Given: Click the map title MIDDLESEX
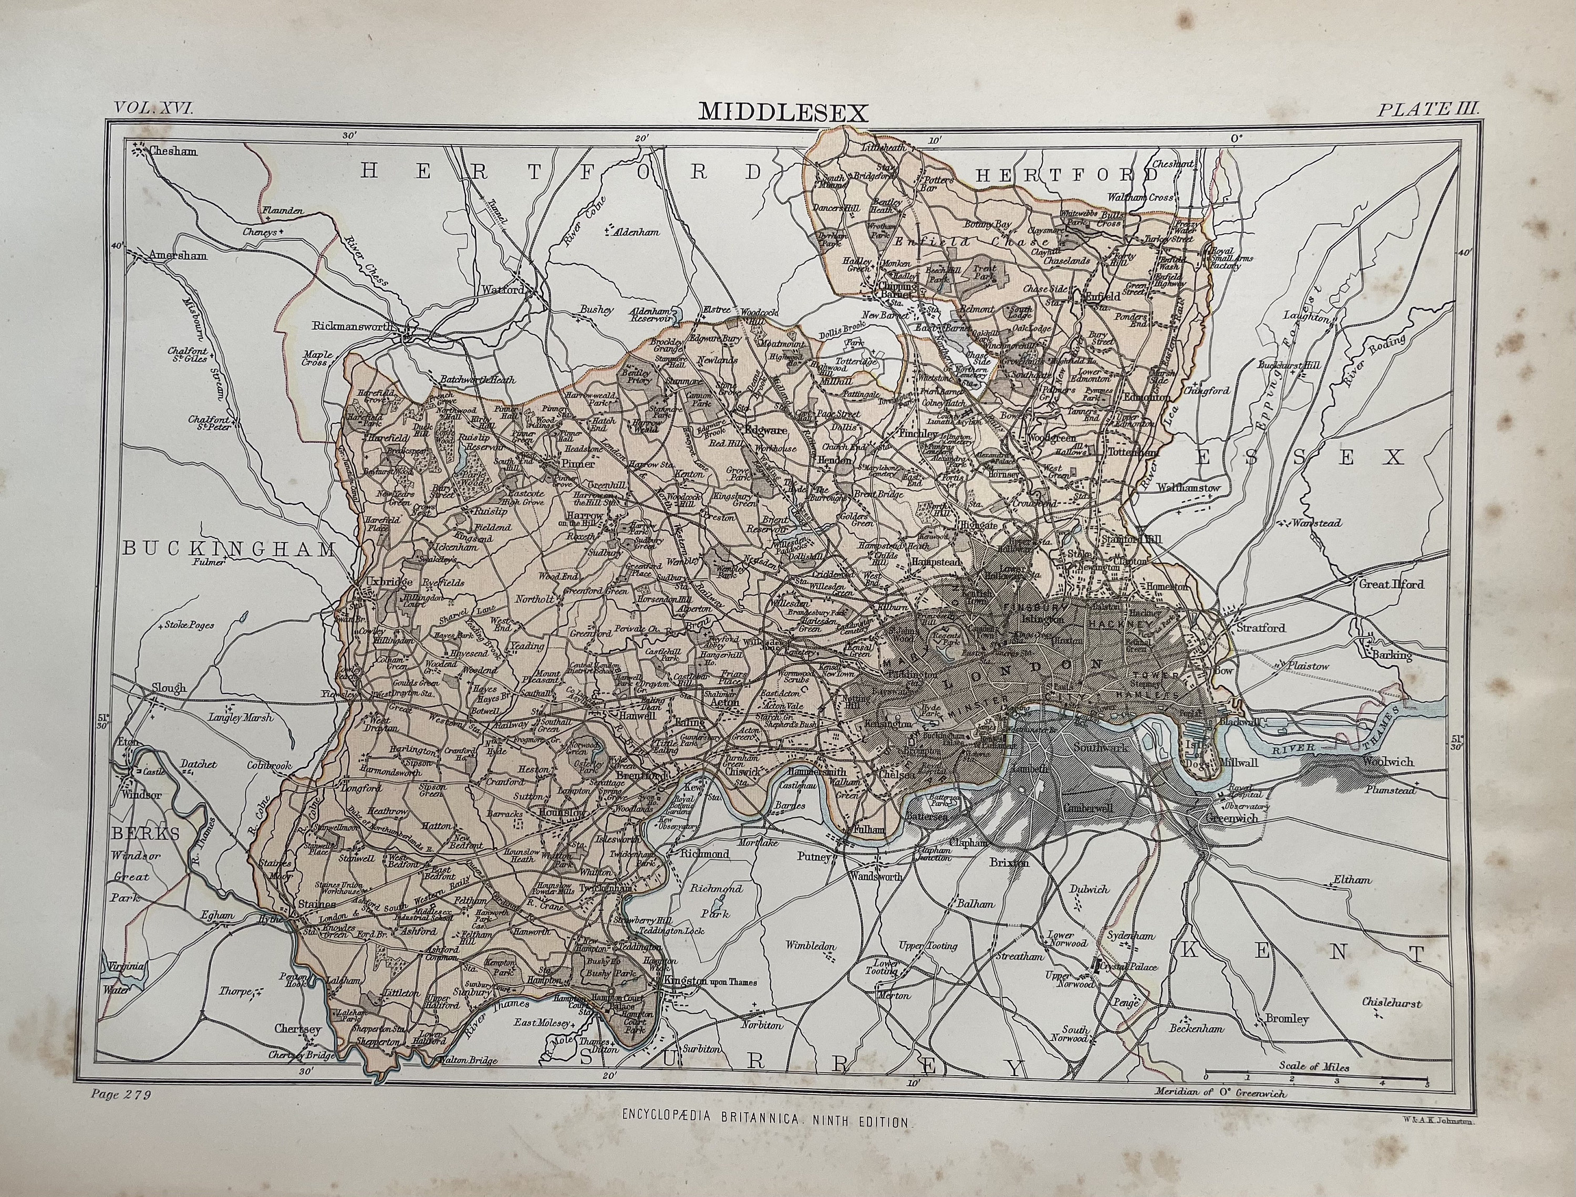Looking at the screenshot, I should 783,112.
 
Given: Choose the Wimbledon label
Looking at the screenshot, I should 810,946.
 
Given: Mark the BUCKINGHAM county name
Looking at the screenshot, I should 230,549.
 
